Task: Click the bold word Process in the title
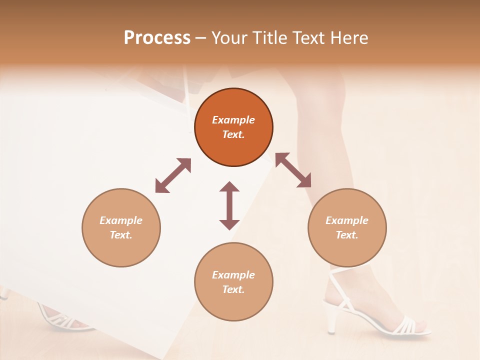coord(157,38)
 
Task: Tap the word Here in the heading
coord(348,38)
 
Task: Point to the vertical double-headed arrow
coord(229,205)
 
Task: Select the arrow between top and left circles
coord(173,175)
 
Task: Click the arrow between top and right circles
coord(293,170)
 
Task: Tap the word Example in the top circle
coord(233,120)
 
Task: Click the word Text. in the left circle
coord(121,235)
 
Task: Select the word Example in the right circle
coord(347,220)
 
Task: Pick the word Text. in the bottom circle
coord(233,289)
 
